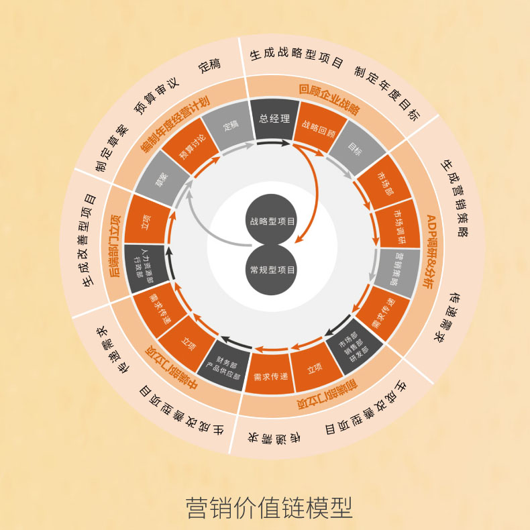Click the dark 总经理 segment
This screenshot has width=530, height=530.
pos(274,119)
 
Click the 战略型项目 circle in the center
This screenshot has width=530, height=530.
pos(272,221)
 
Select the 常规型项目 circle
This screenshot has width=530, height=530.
pos(272,270)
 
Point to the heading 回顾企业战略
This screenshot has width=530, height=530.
pos(329,98)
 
